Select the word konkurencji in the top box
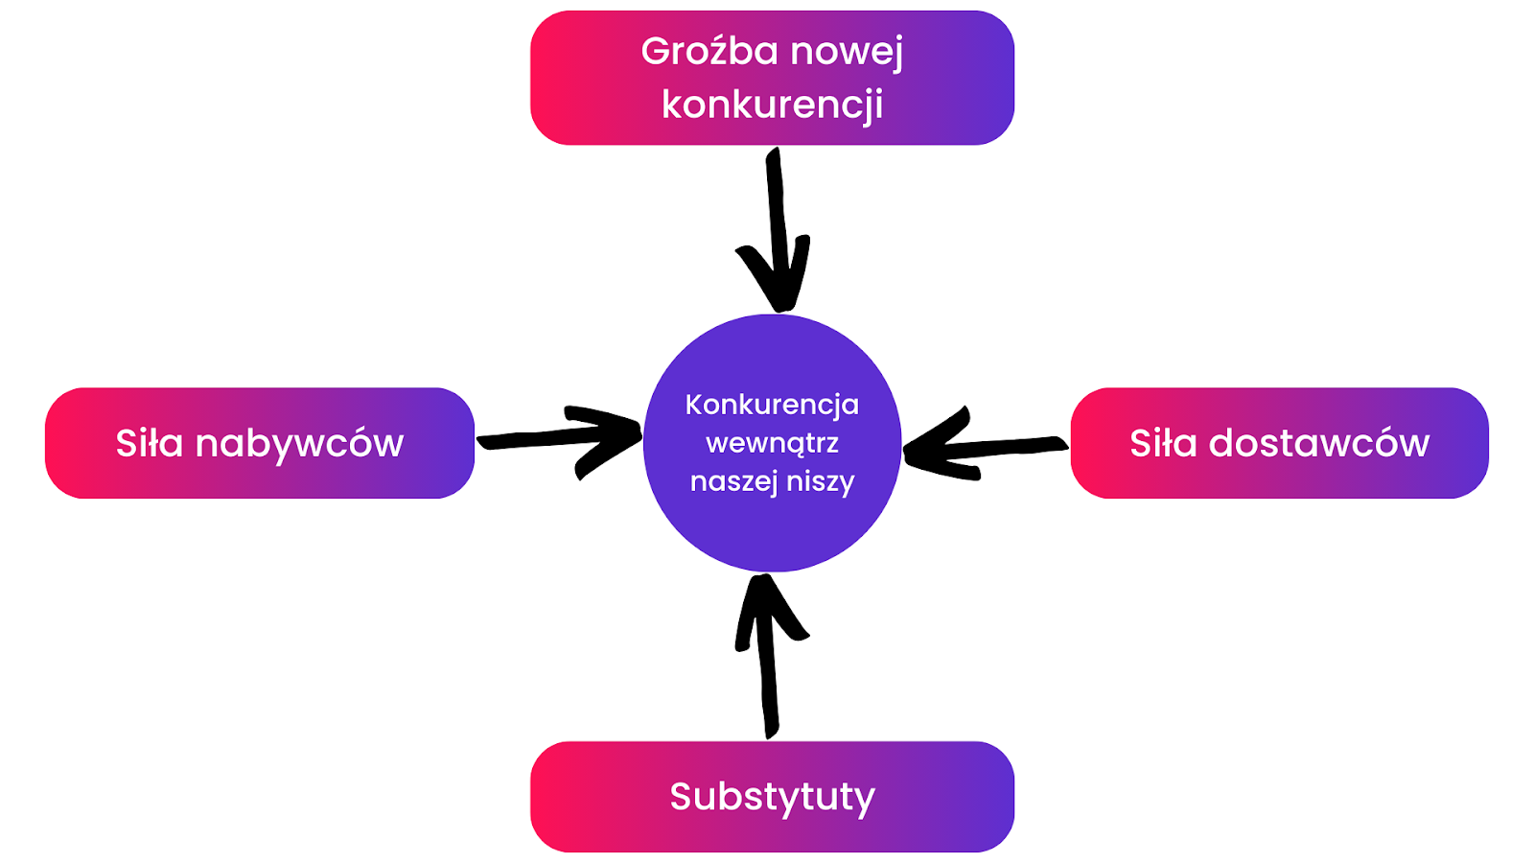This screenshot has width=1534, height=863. click(772, 105)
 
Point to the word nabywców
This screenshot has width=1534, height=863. click(299, 443)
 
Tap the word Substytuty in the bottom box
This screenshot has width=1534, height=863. click(772, 797)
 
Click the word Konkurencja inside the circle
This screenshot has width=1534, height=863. click(772, 405)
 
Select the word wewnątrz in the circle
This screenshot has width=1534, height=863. click(772, 443)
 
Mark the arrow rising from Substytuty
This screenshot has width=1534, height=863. click(768, 671)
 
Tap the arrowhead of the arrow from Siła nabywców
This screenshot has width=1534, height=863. click(609, 437)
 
